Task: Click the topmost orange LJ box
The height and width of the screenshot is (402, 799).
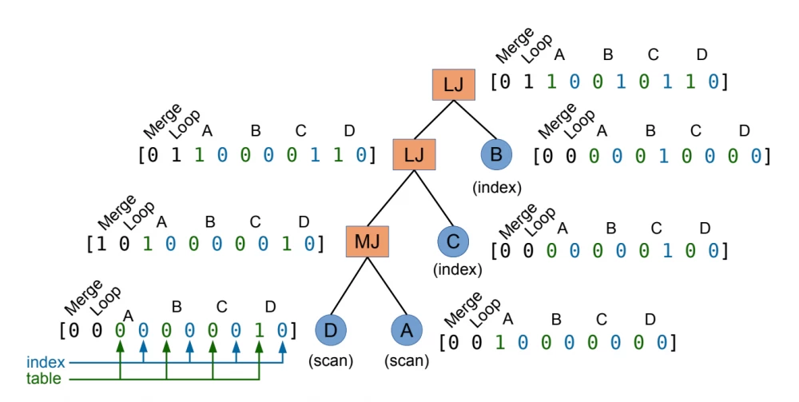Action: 453,85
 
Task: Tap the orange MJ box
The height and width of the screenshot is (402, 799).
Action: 367,241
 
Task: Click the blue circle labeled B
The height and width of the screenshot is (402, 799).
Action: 496,153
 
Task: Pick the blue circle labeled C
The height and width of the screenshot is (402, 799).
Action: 453,241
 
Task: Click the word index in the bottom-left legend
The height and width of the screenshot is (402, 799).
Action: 46,363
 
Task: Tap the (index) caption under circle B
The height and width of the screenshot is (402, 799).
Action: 496,187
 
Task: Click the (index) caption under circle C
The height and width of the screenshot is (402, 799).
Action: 457,270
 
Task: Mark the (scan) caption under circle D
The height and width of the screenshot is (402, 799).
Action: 330,360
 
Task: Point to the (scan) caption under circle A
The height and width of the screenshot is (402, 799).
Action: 406,360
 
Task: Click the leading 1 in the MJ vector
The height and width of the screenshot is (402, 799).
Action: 101,243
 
